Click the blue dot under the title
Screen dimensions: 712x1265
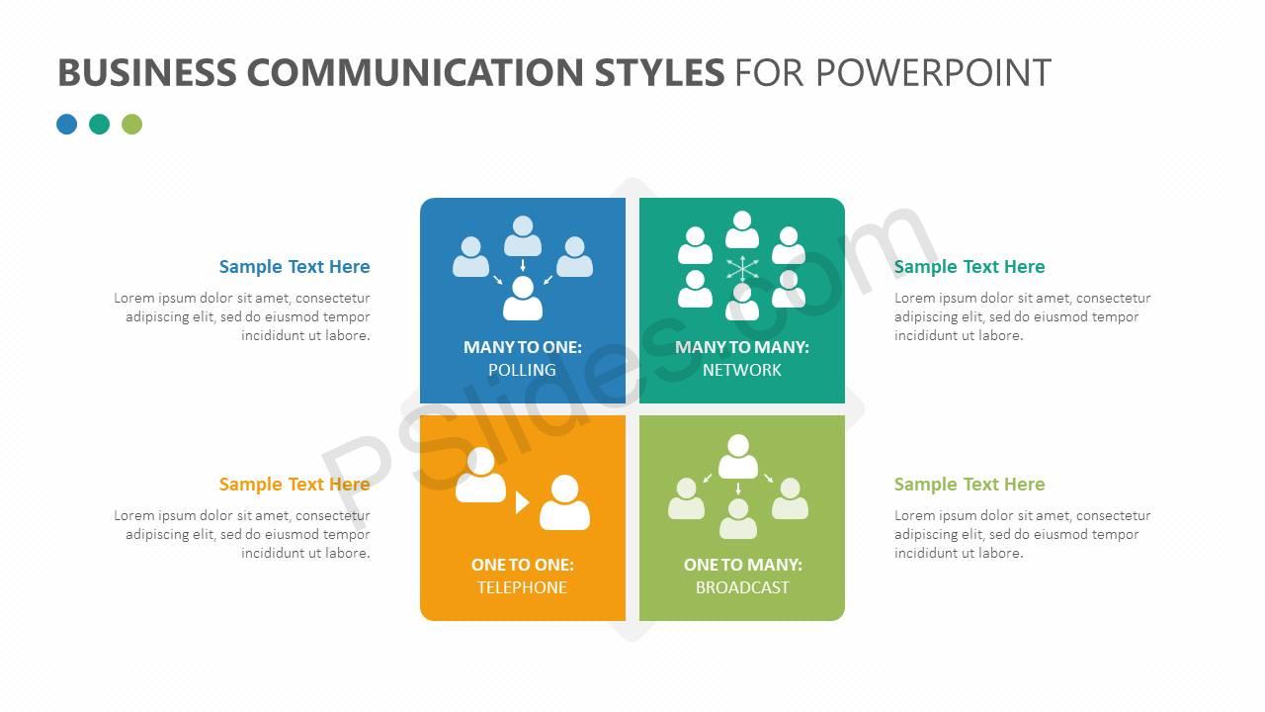pos(67,124)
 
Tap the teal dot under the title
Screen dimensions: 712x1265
pos(100,124)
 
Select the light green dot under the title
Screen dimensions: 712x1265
pos(131,124)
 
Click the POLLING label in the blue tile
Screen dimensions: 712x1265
pos(522,370)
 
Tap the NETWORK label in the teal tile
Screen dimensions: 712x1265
pos(742,370)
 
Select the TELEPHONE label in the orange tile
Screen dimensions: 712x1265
pos(522,587)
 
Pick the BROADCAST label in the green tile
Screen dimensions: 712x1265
pos(742,587)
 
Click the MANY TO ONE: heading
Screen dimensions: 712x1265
pos(522,347)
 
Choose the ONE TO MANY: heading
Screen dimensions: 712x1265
pos(742,565)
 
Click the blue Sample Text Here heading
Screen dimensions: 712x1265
pos(295,267)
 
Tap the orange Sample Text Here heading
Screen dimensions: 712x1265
pos(295,485)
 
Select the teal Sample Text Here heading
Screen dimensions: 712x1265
pos(970,267)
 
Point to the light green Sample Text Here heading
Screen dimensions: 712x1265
pos(970,485)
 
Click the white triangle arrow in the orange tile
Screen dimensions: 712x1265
pos(522,502)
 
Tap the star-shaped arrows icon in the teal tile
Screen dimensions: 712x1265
pos(742,268)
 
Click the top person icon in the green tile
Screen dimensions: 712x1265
pos(738,457)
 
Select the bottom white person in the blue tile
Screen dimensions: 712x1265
pos(523,299)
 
